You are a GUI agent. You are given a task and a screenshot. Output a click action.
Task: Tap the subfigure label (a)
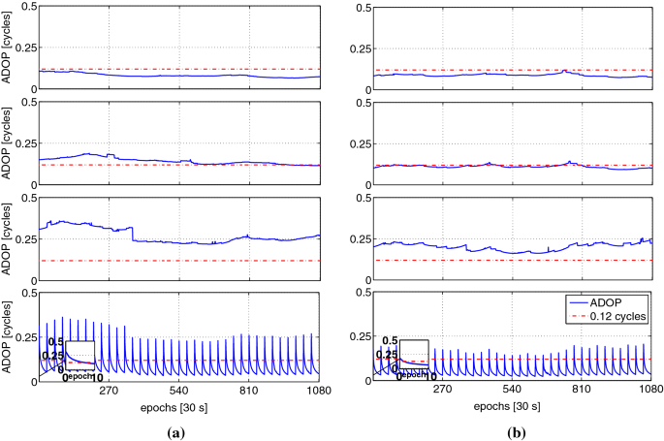click(166, 428)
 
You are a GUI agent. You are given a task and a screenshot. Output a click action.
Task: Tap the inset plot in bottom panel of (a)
click(79, 356)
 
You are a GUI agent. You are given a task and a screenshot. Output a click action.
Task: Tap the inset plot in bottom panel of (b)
click(414, 355)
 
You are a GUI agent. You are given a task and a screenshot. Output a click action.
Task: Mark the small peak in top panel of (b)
click(565, 70)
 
